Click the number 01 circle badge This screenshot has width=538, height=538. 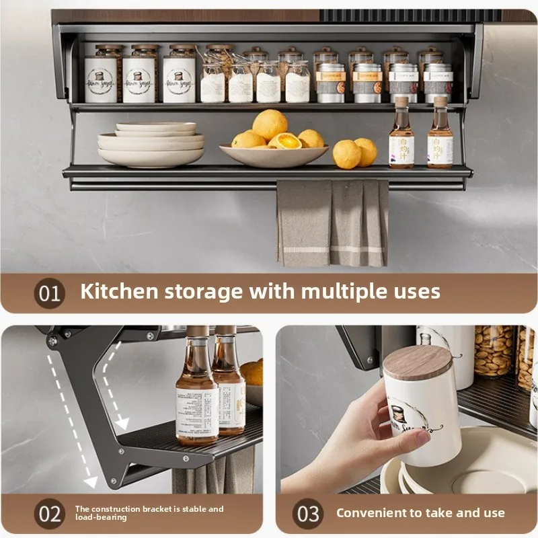[x=49, y=293]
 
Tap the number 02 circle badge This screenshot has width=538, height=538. [x=49, y=514]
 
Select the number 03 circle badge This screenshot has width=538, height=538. [x=309, y=514]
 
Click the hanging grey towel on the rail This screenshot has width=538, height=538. [x=333, y=223]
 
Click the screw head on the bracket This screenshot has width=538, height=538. [x=52, y=342]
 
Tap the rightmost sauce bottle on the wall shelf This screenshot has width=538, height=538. [x=440, y=134]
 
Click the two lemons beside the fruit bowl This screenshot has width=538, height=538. [x=355, y=153]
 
